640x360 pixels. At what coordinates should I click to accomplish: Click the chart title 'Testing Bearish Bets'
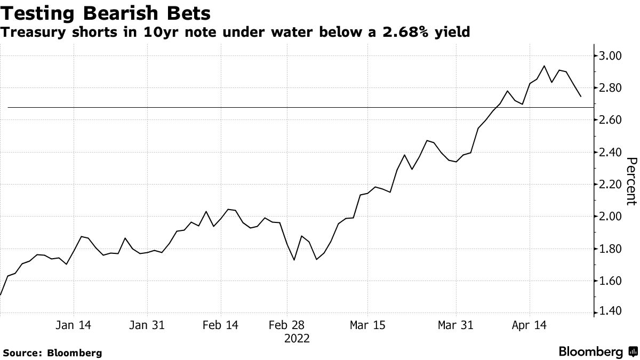pyautogui.click(x=105, y=12)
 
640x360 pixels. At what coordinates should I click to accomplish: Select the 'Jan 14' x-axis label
pyautogui.click(x=73, y=325)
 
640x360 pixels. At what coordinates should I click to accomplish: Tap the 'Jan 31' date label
pyautogui.click(x=147, y=325)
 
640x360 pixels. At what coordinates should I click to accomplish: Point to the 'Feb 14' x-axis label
pyautogui.click(x=221, y=325)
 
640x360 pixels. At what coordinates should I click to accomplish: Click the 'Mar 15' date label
pyautogui.click(x=368, y=325)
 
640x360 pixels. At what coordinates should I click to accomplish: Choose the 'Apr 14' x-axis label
pyautogui.click(x=530, y=325)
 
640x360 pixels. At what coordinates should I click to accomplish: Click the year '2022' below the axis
pyautogui.click(x=297, y=338)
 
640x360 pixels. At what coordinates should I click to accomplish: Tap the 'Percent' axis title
pyautogui.click(x=632, y=181)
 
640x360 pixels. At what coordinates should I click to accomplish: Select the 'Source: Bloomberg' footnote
pyautogui.click(x=52, y=353)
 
